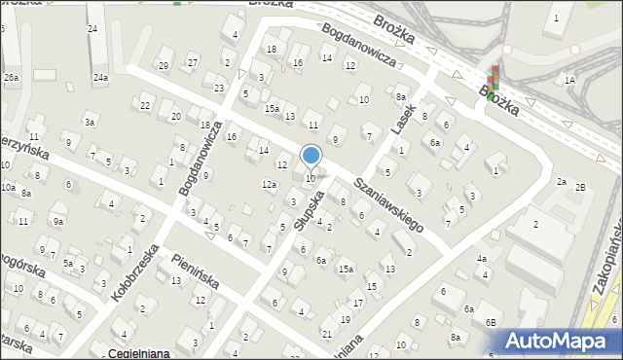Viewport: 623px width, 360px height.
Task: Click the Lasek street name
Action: pyautogui.click(x=404, y=119)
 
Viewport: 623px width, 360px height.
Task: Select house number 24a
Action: pyautogui.click(x=100, y=77)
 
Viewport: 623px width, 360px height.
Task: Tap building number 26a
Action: pyautogui.click(x=11, y=77)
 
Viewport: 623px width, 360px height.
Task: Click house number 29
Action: pyautogui.click(x=164, y=65)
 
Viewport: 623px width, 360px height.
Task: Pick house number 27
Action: pyautogui.click(x=194, y=62)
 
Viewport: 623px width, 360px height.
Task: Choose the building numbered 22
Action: pyautogui.click(x=146, y=105)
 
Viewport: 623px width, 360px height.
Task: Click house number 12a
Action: pyautogui.click(x=269, y=184)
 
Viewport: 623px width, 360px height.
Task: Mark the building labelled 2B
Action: pyautogui.click(x=580, y=187)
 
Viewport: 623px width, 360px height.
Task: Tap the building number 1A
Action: pyautogui.click(x=569, y=80)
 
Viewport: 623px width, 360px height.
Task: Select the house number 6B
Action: pyautogui.click(x=492, y=322)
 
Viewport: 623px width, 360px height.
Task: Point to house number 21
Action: pyautogui.click(x=326, y=334)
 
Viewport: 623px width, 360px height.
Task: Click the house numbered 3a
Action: pyautogui.click(x=89, y=122)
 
